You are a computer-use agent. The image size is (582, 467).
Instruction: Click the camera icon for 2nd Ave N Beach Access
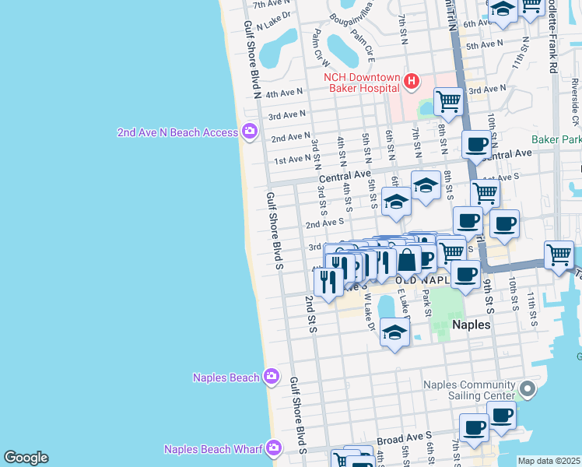point(250,132)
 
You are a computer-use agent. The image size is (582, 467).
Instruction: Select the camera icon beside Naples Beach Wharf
point(273,448)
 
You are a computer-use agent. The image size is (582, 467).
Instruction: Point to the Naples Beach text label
point(226,377)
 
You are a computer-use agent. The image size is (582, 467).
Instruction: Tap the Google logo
point(26,458)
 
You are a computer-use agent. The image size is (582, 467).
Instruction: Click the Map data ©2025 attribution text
point(549,461)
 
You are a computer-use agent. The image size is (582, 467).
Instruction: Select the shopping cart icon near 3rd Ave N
point(448,100)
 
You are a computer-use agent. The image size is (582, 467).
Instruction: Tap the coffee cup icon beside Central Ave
point(476,143)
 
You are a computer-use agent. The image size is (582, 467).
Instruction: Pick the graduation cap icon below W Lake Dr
point(395,333)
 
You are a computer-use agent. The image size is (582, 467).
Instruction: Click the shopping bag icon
point(406,259)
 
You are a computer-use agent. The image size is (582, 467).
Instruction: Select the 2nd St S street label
point(310,314)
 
